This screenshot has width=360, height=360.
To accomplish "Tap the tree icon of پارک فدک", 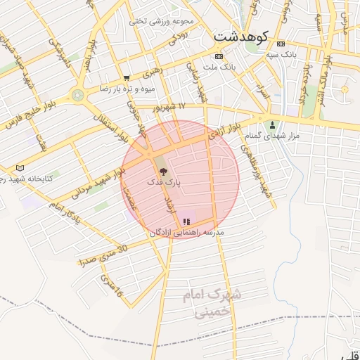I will click(163, 171).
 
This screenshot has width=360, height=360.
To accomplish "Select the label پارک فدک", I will click(163, 181).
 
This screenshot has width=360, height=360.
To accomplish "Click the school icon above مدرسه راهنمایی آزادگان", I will click(186, 221).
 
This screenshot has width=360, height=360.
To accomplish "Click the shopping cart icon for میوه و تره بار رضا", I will click(126, 78).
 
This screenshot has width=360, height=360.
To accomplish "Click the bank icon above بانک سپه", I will click(281, 43).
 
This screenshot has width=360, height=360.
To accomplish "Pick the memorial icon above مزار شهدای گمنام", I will click(273, 124).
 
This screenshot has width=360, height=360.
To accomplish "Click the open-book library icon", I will click(19, 167).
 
